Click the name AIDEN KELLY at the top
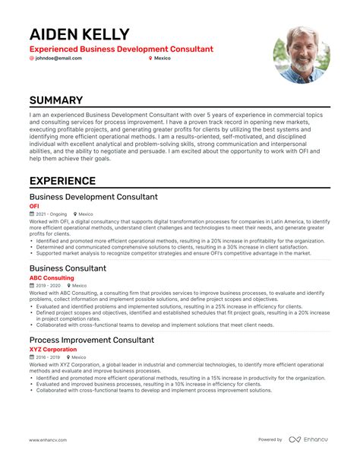(x=79, y=35)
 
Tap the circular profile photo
(x=302, y=55)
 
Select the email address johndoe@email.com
(x=58, y=58)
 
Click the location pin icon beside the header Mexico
(x=150, y=58)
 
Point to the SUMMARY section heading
(x=57, y=100)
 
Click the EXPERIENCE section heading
(x=62, y=181)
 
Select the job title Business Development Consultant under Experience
(x=93, y=197)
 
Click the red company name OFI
(x=34, y=206)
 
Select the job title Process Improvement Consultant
(x=92, y=340)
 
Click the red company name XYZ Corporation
(x=53, y=349)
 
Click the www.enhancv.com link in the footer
(x=50, y=439)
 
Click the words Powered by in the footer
(x=270, y=439)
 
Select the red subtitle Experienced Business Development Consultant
(x=122, y=49)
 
